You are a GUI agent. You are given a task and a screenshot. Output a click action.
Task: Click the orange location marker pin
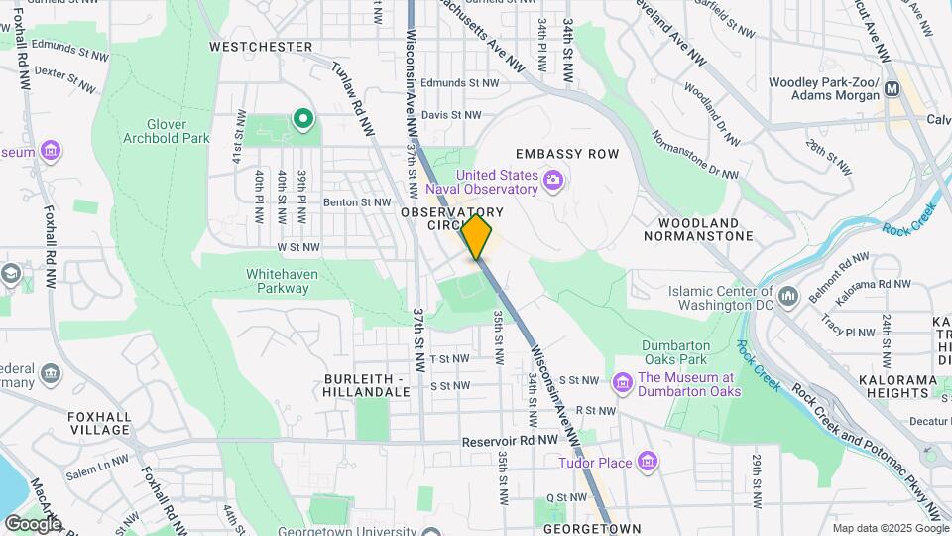coord(477,236)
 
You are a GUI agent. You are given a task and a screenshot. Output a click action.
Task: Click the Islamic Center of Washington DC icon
coord(789,295)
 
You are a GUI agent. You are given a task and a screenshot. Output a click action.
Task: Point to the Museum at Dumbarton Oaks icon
coord(622,382)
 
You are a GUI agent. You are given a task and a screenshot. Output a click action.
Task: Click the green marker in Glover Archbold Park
coord(302,121)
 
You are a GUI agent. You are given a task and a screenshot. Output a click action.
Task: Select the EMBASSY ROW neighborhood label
coord(566,154)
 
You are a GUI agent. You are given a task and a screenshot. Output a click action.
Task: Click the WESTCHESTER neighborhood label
coord(261,47)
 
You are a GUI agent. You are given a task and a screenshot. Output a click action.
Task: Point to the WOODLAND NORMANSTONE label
coord(698,229)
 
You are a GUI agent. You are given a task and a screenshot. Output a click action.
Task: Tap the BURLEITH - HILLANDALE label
coord(367,385)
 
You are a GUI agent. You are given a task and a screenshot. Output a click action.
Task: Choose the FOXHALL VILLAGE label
coord(99,423)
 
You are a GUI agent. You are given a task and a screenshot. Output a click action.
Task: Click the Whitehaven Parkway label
coord(278,281)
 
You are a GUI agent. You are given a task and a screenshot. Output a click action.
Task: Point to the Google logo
coord(33,523)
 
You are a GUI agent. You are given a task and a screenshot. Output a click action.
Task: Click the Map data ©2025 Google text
coord(889,528)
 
